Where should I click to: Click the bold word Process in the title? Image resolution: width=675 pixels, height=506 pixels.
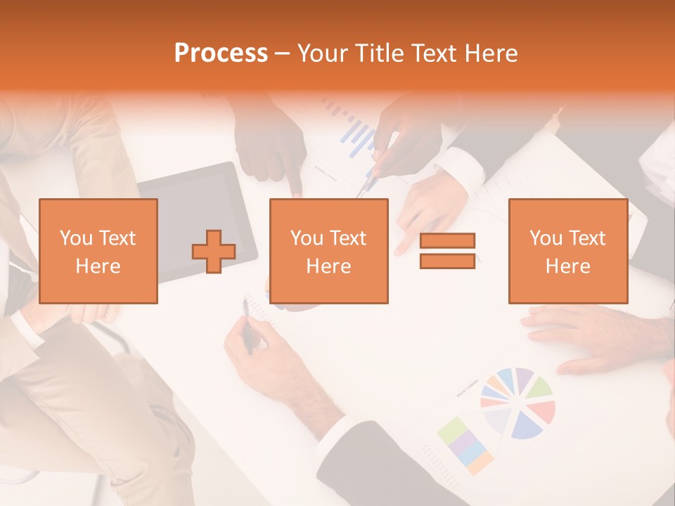click(221, 53)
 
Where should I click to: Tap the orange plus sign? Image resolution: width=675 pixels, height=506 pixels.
click(214, 252)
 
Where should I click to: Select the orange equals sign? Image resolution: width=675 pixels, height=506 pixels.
click(447, 251)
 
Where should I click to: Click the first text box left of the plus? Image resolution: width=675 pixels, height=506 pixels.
click(98, 251)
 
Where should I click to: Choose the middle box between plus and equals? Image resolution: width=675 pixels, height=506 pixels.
click(328, 251)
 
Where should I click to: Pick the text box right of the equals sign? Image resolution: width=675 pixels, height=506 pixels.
click(567, 251)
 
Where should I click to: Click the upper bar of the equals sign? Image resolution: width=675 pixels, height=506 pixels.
click(447, 241)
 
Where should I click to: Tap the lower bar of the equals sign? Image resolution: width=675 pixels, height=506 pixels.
click(447, 261)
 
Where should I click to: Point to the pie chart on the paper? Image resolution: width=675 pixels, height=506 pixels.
click(518, 402)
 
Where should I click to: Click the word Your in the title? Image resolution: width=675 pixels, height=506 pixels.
click(323, 53)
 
